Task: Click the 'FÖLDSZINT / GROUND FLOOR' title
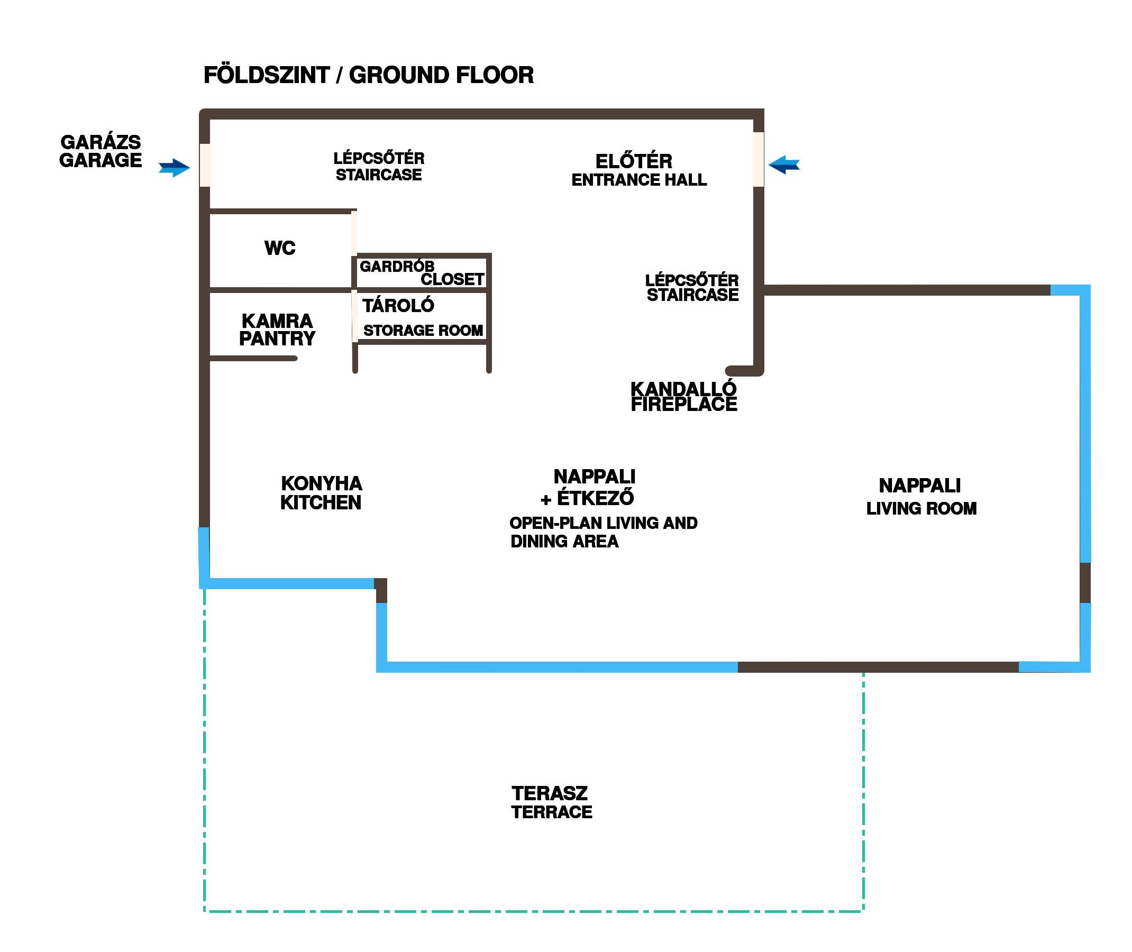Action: pos(368,75)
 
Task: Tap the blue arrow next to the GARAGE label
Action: pos(174,168)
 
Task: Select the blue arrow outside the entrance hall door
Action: pos(784,164)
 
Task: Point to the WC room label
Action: pos(280,248)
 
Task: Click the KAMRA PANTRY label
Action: pos(277,329)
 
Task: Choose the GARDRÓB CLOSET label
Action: pos(422,273)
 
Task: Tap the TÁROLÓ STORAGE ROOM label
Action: pos(422,318)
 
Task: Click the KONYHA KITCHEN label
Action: pos(321,493)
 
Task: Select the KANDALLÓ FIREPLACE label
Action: pos(683,397)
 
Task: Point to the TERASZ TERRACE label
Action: pos(551,802)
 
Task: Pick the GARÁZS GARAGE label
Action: pos(101,151)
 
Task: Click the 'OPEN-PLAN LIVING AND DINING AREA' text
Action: pos(603,532)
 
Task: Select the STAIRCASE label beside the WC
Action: pos(379,166)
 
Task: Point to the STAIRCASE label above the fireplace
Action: pos(692,288)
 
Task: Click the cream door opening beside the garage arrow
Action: pos(205,165)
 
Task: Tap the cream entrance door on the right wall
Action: pos(759,160)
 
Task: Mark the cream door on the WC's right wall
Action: pos(354,233)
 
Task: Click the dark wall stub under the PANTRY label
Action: pos(253,359)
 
